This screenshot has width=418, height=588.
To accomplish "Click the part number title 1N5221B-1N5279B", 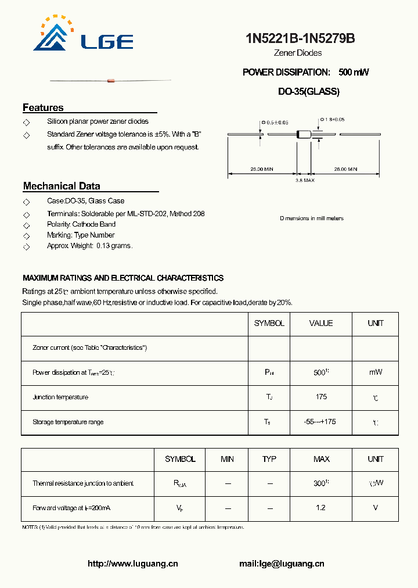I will (300, 39).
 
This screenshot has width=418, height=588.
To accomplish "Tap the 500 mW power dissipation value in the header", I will (354, 72).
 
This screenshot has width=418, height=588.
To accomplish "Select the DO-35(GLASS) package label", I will (309, 91).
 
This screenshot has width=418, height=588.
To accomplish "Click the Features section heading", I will (43, 107).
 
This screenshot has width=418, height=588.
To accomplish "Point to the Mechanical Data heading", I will (62, 186).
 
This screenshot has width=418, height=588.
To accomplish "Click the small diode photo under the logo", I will (110, 80).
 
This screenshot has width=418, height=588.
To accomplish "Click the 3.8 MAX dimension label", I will (305, 181).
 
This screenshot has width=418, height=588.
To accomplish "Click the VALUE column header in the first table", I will (321, 323).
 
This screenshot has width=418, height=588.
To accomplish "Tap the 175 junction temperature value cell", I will (321, 397).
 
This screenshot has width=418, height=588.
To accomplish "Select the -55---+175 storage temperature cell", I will (321, 422).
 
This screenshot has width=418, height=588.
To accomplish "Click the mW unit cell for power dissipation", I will (376, 372).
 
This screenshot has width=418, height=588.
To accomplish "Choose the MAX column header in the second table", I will (322, 459).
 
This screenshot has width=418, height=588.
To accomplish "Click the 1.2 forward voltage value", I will (321, 508).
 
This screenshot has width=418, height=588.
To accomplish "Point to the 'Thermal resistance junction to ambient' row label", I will (83, 483).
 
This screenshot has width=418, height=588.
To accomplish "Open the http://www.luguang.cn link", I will (133, 564).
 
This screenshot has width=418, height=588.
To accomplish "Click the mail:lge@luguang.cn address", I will (282, 564).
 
